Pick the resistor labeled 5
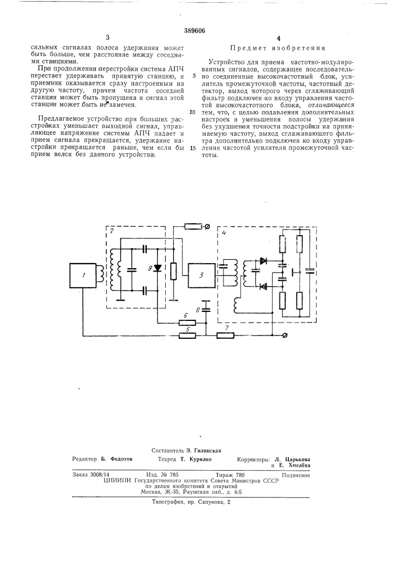pyautogui.click(x=187, y=335)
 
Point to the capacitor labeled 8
pyautogui.click(x=206, y=306)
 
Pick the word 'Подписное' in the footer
pyautogui.click(x=296, y=475)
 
